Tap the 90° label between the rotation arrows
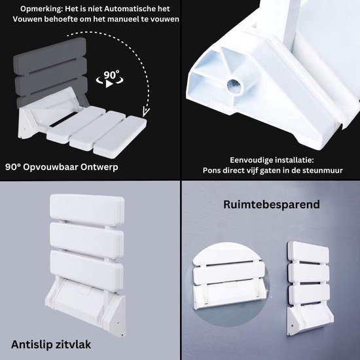click(111, 75)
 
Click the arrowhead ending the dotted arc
click(146, 111)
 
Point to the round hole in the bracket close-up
click(234, 86)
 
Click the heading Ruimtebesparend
click(272, 204)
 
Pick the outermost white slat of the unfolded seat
click(120, 136)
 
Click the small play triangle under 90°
click(109, 84)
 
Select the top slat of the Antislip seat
click(87, 209)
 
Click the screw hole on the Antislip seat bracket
click(118, 323)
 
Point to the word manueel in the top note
click(122, 19)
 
